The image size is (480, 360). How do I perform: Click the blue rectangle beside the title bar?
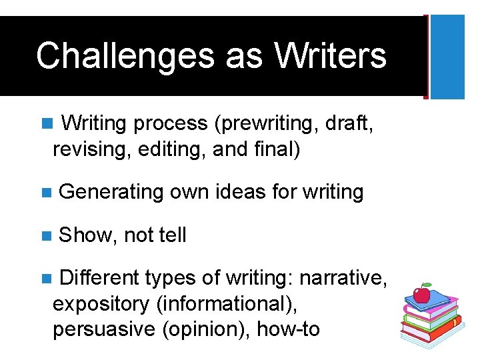click(447, 57)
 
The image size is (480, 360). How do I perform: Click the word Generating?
click(111, 193)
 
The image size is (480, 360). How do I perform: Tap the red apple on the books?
click(421, 294)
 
